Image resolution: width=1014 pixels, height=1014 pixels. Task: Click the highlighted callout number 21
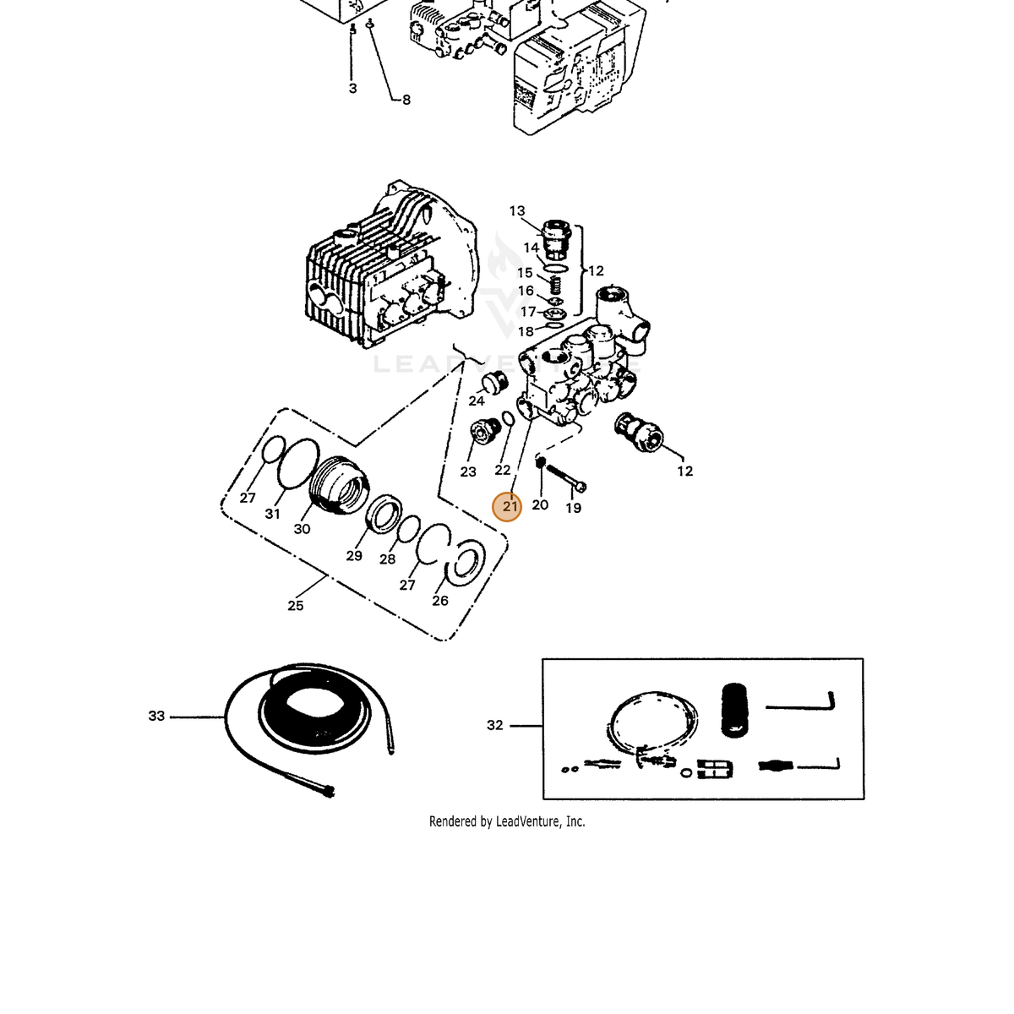click(510, 507)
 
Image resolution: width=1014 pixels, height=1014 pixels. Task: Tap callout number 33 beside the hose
click(157, 716)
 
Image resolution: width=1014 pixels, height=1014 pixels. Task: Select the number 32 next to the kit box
click(494, 725)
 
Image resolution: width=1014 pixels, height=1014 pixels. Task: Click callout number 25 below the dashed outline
click(296, 606)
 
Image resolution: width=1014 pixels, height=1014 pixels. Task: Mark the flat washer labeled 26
click(466, 563)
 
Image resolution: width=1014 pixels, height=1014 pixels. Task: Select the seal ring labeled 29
click(384, 514)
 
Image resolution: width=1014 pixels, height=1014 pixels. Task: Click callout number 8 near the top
click(406, 100)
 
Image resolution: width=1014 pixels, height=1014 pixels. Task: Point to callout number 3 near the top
click(352, 89)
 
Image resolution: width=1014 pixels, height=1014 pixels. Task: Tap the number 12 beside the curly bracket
click(596, 271)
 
